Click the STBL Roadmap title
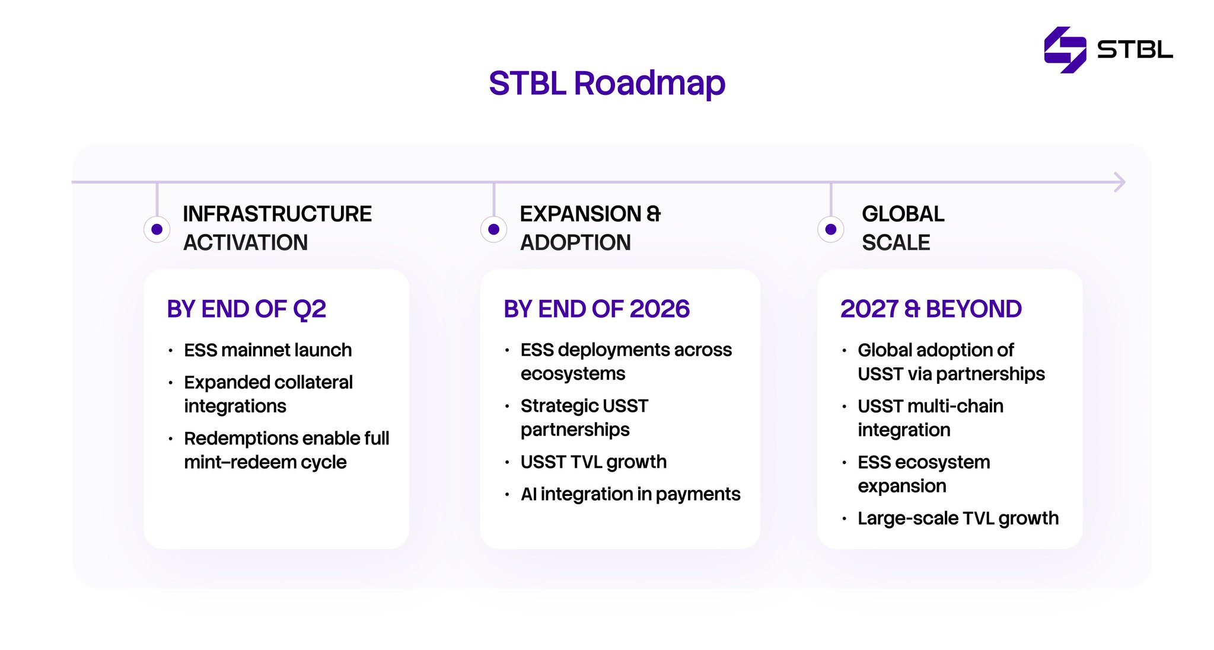(x=607, y=84)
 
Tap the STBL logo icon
(x=1065, y=50)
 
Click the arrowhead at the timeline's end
(x=1119, y=182)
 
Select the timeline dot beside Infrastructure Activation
(x=157, y=229)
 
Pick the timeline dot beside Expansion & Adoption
(x=493, y=229)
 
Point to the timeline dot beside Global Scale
(x=831, y=229)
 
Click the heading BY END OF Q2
(x=247, y=309)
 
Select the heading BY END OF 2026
(x=597, y=309)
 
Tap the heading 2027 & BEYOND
(x=931, y=309)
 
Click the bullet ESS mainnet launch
(x=268, y=350)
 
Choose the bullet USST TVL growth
(x=594, y=462)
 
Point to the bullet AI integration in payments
(x=630, y=494)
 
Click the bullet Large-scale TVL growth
(x=958, y=518)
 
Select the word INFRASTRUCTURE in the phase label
(x=278, y=214)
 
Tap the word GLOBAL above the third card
(x=903, y=214)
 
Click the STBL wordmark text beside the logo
(x=1135, y=50)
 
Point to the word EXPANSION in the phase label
(x=581, y=214)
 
